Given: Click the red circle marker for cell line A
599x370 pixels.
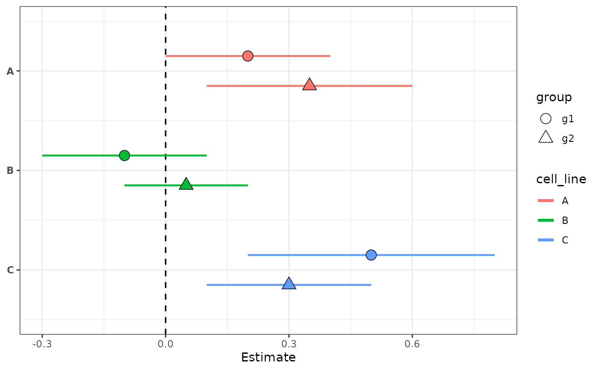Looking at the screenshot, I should click(248, 56).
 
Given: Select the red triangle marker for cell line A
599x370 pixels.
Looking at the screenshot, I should click(309, 85).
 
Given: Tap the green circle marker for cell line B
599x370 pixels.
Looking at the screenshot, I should click(125, 155).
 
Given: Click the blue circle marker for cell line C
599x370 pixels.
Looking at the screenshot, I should click(371, 255).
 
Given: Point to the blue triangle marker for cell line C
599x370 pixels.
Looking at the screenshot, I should click(289, 284).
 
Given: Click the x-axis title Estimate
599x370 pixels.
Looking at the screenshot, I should click(268, 357).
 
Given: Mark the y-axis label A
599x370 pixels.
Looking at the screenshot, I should click(10, 71).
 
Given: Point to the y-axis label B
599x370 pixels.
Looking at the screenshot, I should click(10, 170).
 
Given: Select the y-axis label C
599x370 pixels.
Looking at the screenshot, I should click(10, 270).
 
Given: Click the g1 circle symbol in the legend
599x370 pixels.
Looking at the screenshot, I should click(546, 119).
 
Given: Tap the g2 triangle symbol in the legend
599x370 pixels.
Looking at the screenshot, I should click(546, 138).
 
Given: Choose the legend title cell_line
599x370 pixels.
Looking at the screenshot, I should click(561, 179).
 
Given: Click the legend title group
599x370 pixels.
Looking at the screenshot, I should click(554, 97).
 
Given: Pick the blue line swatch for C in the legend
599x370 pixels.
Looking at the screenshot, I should click(546, 240).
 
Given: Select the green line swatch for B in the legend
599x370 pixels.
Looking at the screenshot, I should click(546, 220).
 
